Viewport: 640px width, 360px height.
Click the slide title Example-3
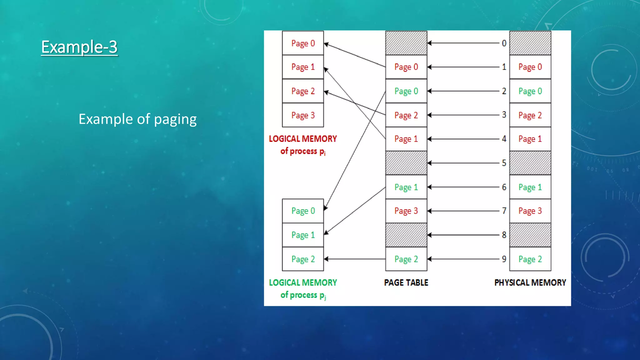point(79,47)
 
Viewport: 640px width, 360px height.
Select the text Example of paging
point(137,119)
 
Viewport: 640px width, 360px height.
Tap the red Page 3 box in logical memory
point(303,115)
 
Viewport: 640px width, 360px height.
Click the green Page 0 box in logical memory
point(303,211)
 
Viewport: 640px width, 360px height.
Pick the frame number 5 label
point(504,163)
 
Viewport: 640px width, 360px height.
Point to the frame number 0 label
point(504,43)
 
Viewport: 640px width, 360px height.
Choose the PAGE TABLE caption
point(406,282)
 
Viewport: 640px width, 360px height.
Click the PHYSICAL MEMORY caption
point(530,282)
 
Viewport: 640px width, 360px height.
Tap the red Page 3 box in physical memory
point(530,211)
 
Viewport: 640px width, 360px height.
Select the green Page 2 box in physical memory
point(530,259)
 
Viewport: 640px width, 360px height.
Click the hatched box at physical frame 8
point(530,235)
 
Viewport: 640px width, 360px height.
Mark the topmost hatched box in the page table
point(406,43)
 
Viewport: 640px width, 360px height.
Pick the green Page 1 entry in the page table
point(406,187)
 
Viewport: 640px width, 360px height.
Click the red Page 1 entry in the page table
point(406,139)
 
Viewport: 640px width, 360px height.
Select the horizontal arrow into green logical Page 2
point(355,259)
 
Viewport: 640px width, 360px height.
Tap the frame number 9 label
point(504,259)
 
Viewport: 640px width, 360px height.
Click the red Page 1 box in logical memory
point(303,67)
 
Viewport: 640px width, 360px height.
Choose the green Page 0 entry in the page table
point(406,91)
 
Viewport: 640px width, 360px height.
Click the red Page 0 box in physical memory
point(530,67)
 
